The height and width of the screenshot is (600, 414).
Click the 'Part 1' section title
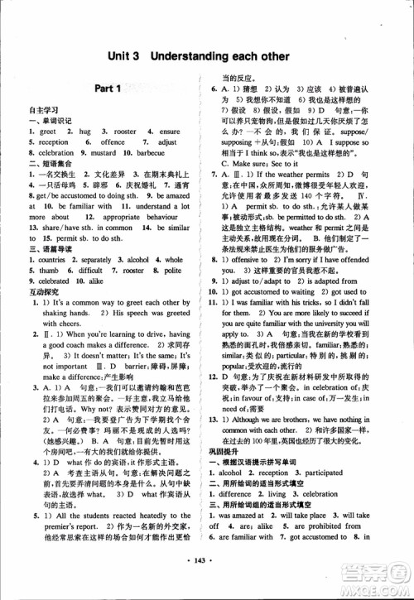tap(108, 89)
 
